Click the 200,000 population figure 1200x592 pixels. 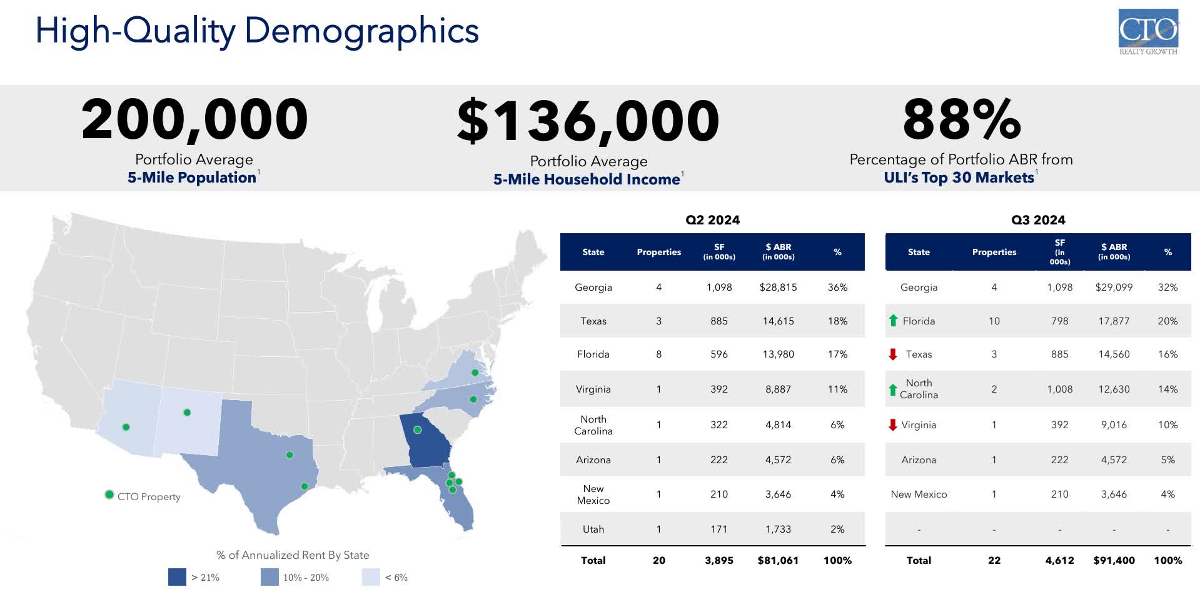pyautogui.click(x=194, y=119)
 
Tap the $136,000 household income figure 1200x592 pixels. pyautogui.click(x=588, y=121)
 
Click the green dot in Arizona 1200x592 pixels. pyautogui.click(x=126, y=427)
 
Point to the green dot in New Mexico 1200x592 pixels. pyautogui.click(x=187, y=413)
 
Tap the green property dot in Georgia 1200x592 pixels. pyautogui.click(x=418, y=429)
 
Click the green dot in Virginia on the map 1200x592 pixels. pyautogui.click(x=475, y=373)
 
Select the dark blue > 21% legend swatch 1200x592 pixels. pyautogui.click(x=177, y=577)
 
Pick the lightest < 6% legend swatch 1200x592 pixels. pyautogui.click(x=371, y=577)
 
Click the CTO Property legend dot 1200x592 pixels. pyautogui.click(x=109, y=494)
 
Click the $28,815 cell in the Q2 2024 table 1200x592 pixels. pyautogui.click(x=778, y=288)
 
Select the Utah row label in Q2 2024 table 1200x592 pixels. pyautogui.click(x=593, y=529)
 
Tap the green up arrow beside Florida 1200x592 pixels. pyautogui.click(x=893, y=321)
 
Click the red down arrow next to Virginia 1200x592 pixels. pyautogui.click(x=893, y=425)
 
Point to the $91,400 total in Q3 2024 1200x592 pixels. pyautogui.click(x=1114, y=561)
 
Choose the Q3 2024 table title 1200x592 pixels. pyautogui.click(x=1038, y=220)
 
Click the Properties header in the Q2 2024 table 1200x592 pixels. pyautogui.click(x=658, y=252)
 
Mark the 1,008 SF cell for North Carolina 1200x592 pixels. pyautogui.click(x=1059, y=389)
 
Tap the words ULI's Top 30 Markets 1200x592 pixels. pyautogui.click(x=959, y=178)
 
